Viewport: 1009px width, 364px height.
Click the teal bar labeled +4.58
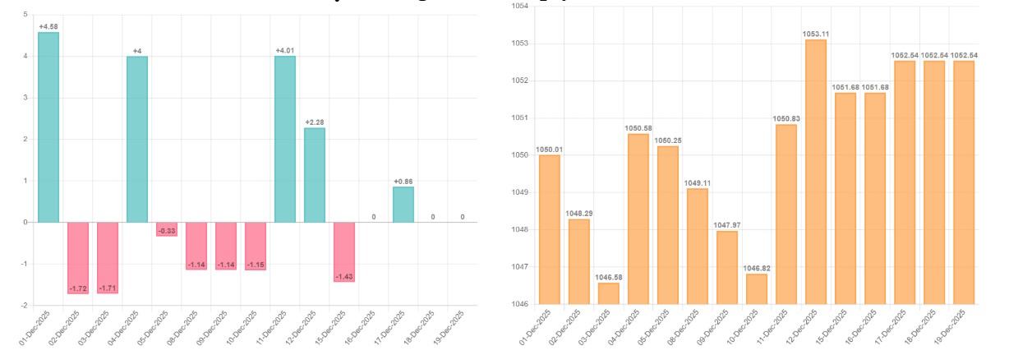pos(48,127)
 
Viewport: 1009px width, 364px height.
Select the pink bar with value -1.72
pos(78,257)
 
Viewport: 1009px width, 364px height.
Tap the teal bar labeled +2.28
pos(315,175)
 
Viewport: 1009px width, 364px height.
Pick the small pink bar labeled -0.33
pos(167,229)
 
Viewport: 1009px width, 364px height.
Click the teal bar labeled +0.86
pos(403,205)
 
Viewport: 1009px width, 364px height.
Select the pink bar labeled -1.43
pos(344,251)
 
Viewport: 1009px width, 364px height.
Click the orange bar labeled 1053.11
pos(815,172)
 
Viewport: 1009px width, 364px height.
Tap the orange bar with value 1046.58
pos(608,293)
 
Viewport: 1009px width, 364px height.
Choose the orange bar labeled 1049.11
pos(697,247)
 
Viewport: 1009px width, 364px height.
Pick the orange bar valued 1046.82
pos(756,289)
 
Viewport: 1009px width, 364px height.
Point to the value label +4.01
pos(285,50)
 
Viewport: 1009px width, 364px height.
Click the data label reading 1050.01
pos(549,150)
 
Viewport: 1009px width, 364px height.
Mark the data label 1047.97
pos(726,225)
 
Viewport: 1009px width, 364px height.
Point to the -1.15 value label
pos(256,265)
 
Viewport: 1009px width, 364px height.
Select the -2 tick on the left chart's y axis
pos(25,305)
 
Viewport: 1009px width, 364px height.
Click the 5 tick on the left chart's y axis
pos(25,15)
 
